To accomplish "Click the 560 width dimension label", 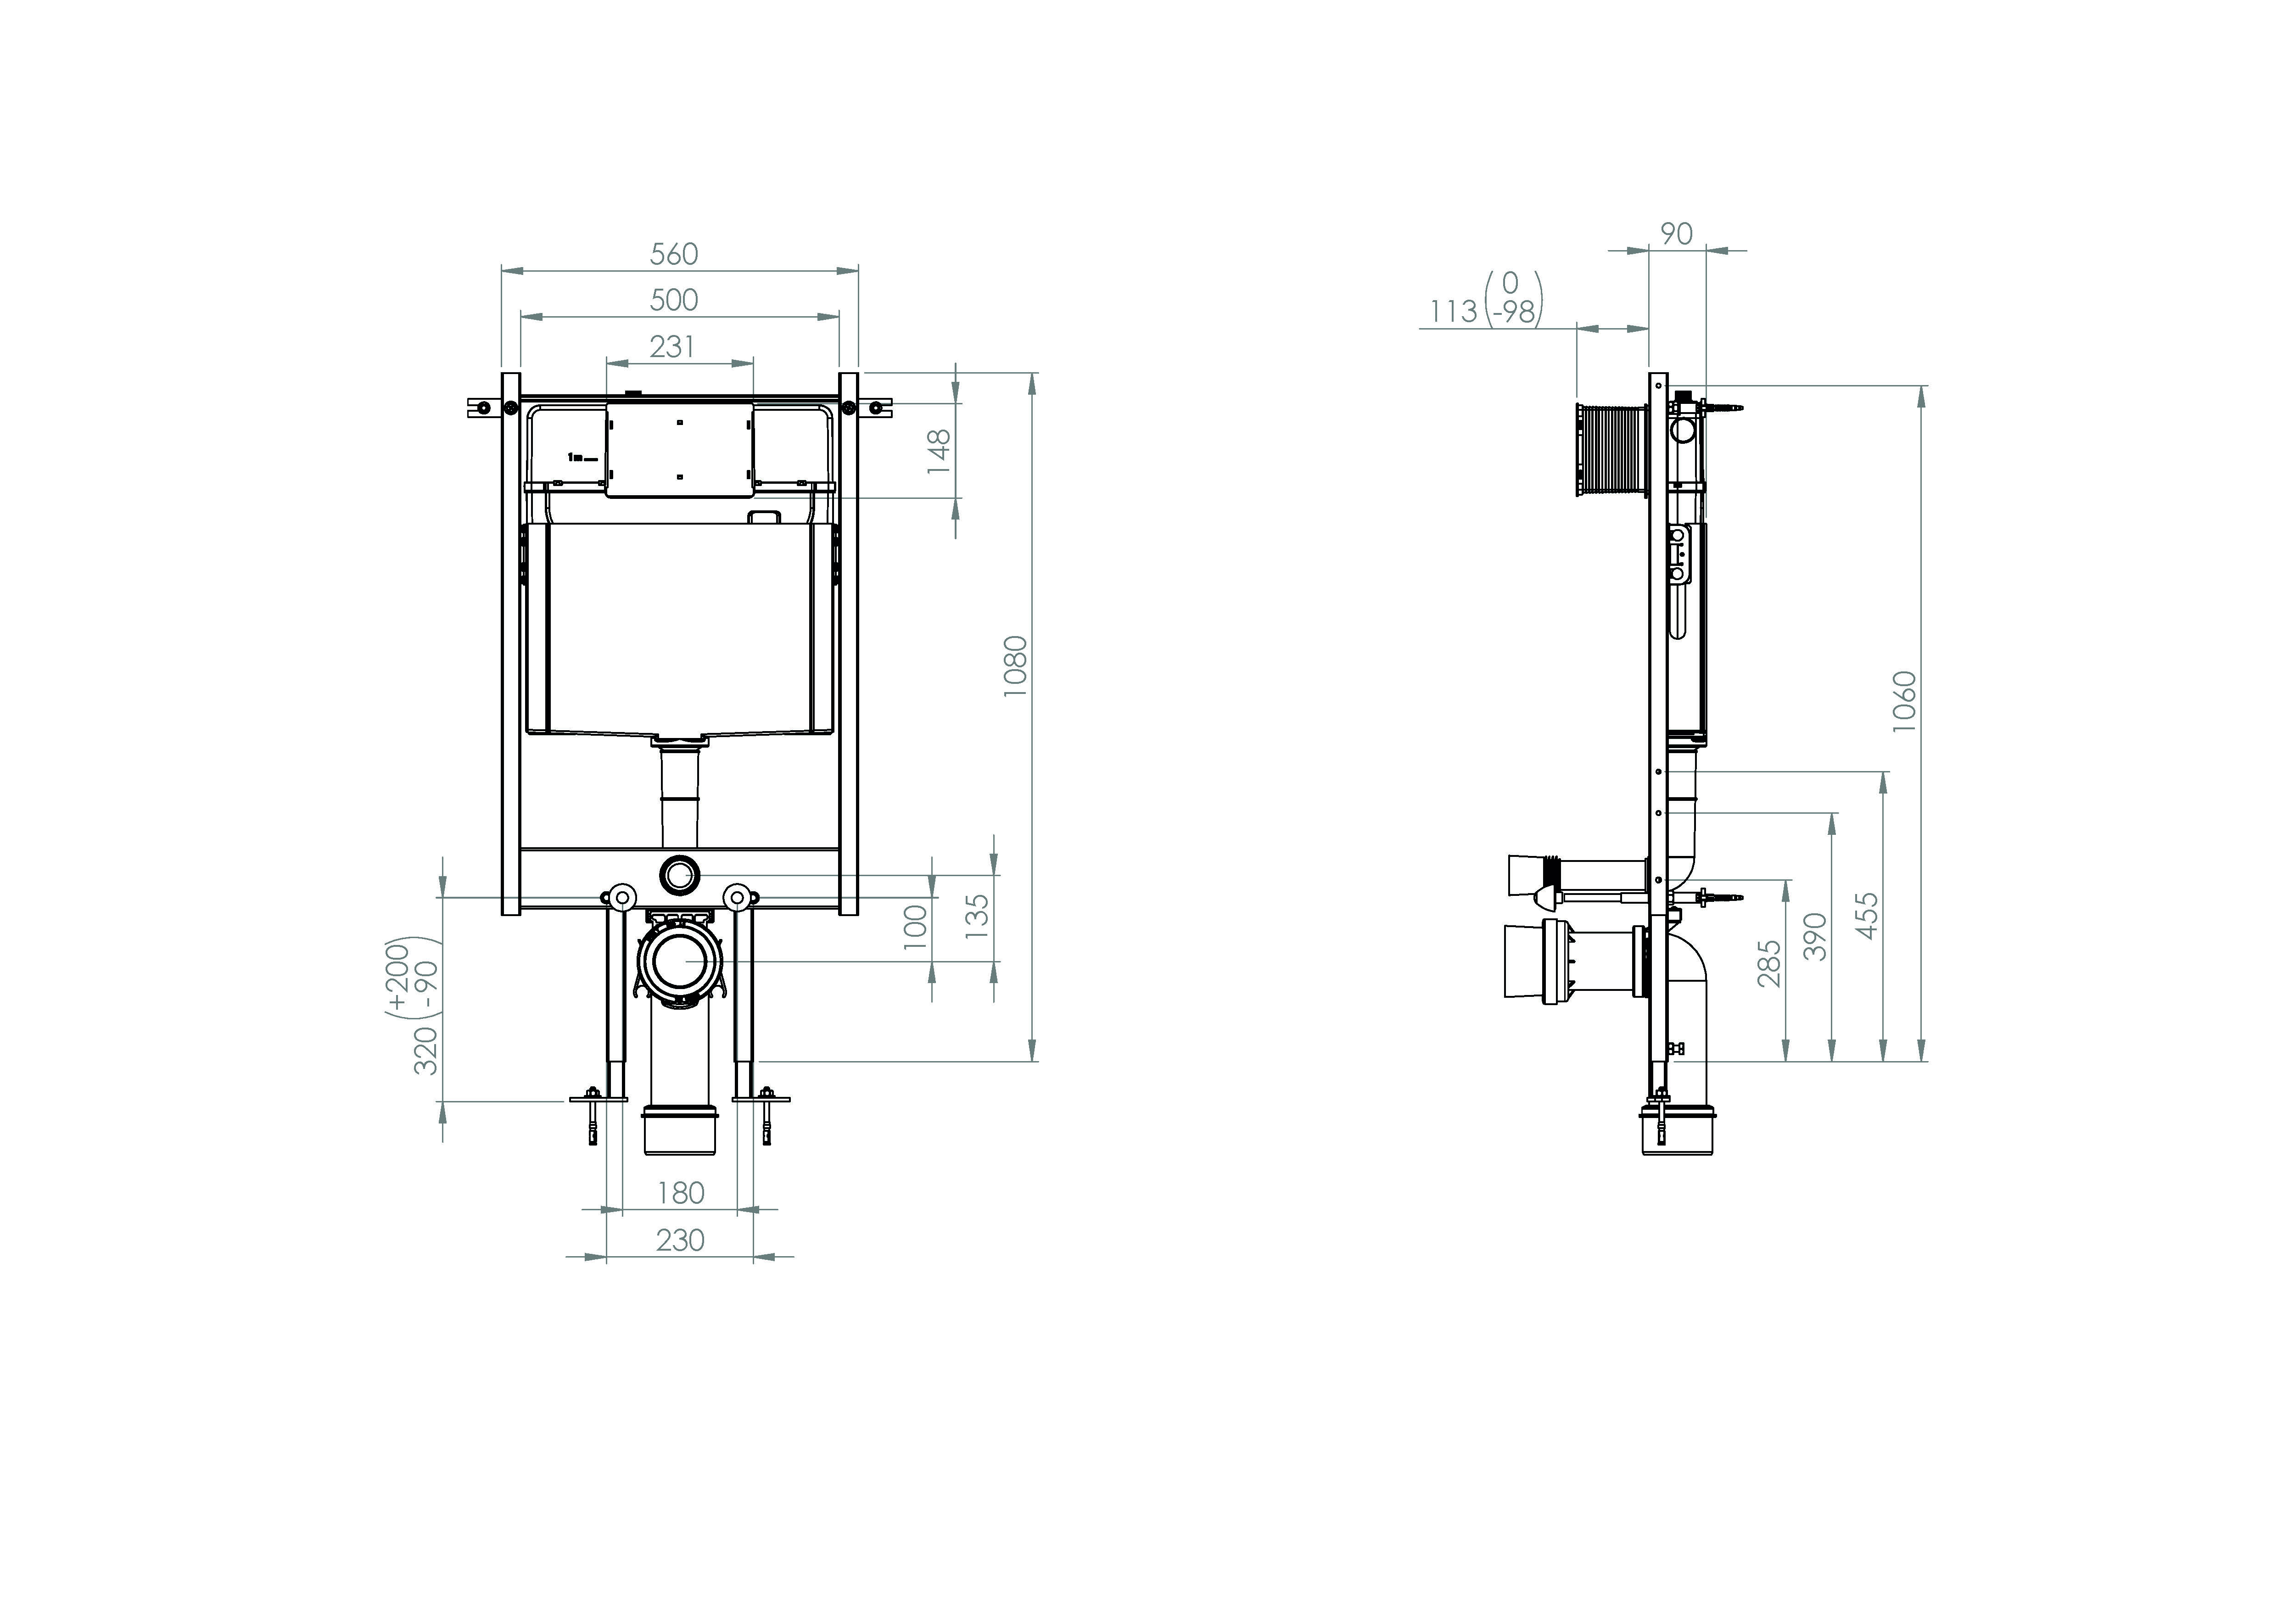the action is [x=674, y=255].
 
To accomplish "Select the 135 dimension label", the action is [x=977, y=916].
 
